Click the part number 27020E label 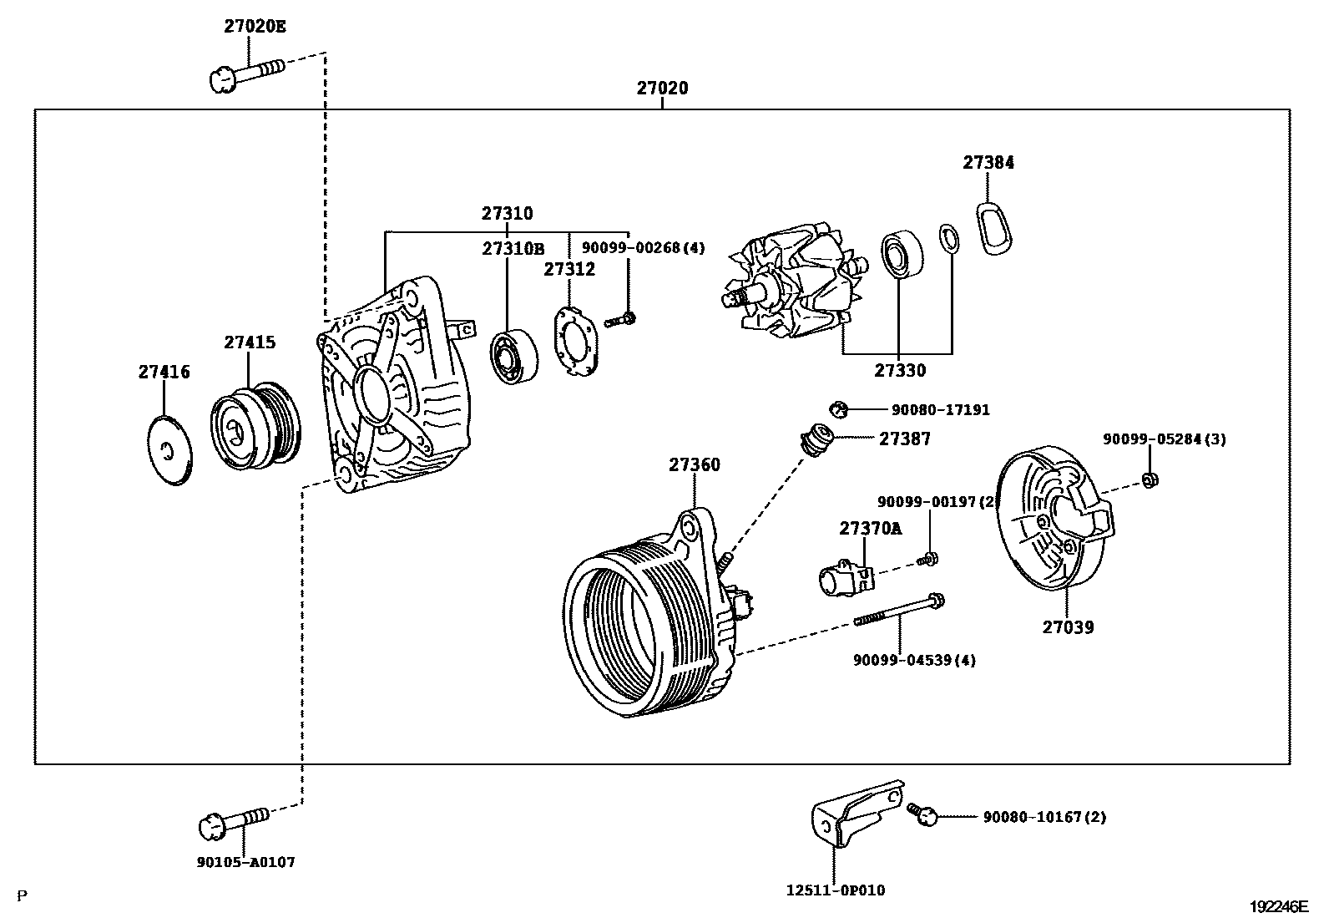(x=255, y=26)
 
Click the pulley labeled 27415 (x=252, y=426)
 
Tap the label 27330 (x=900, y=370)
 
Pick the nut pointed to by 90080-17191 (x=838, y=409)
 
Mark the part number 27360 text (x=694, y=465)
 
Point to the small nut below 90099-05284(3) (x=1148, y=481)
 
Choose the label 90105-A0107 (x=248, y=862)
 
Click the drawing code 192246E (x=1279, y=905)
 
